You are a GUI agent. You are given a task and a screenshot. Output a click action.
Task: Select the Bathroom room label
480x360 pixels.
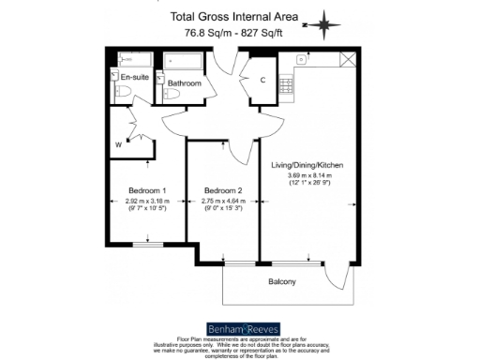point(184,83)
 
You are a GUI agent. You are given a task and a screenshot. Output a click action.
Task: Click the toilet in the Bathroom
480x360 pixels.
point(170,94)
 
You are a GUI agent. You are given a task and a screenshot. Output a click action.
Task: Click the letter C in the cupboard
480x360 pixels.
point(262,80)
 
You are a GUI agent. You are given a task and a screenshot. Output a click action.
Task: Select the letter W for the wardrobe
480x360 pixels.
point(118,144)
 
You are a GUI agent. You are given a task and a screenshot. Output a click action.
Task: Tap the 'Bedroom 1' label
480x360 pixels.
point(145,190)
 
